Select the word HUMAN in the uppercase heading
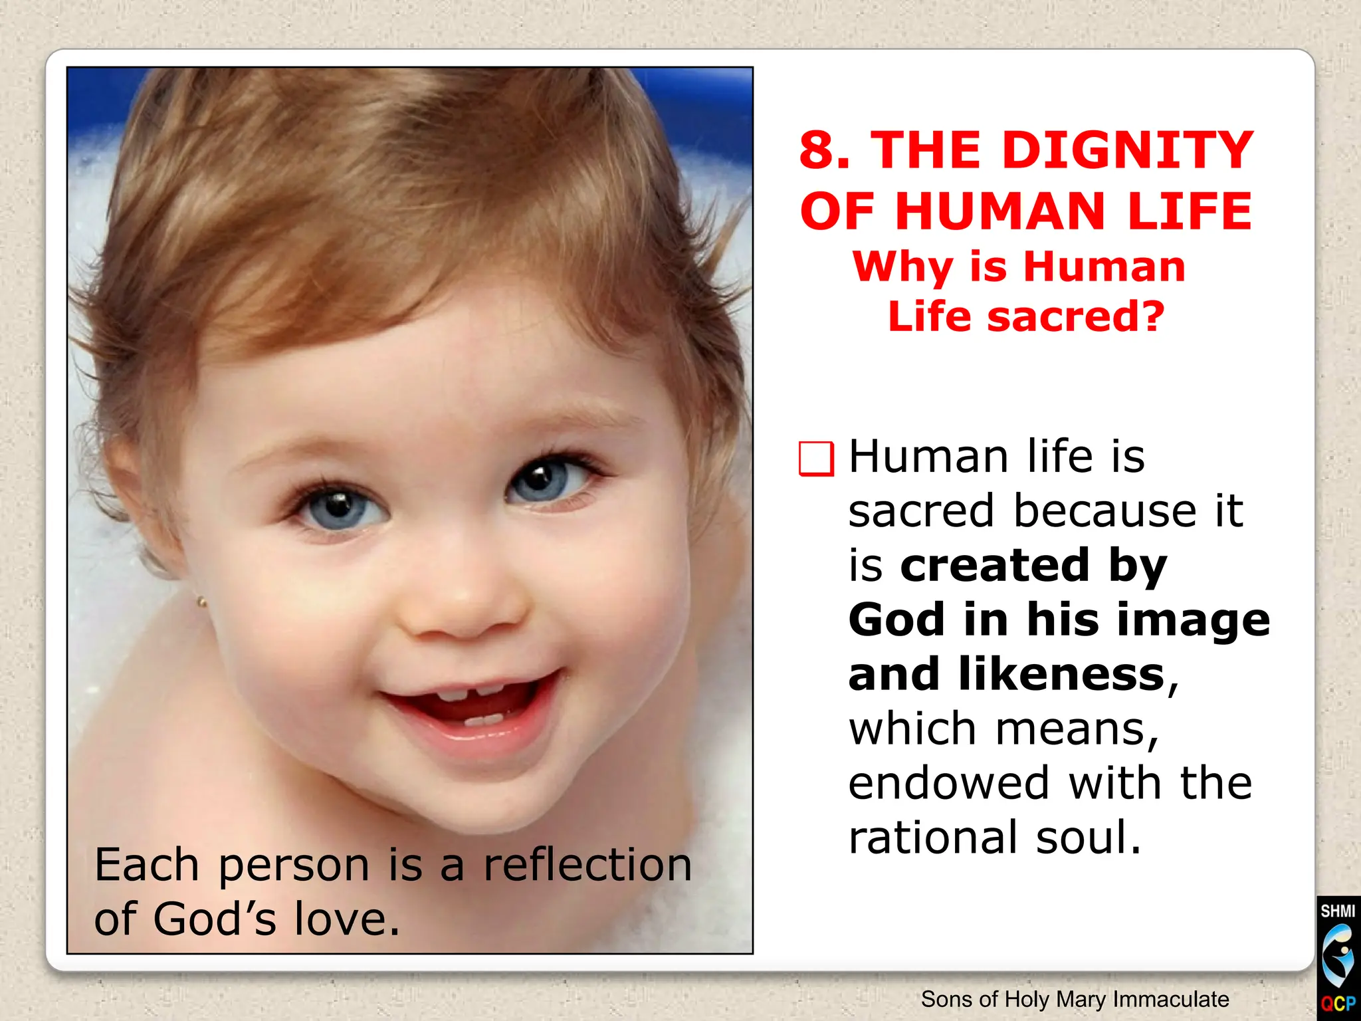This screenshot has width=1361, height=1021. tap(999, 211)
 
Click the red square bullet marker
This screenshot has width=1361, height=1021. tap(816, 459)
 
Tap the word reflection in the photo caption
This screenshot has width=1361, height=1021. tap(587, 865)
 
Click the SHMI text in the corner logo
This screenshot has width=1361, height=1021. tap(1338, 911)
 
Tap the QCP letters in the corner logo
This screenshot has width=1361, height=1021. tap(1338, 1003)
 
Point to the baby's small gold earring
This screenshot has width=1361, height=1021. tap(202, 603)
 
